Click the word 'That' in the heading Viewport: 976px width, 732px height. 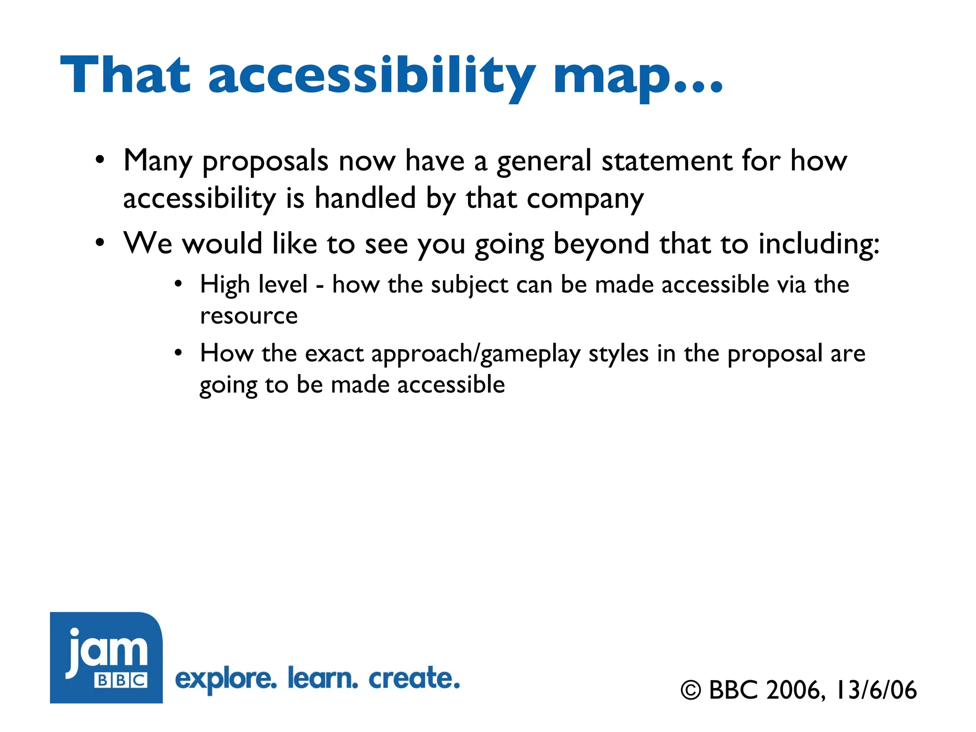(125, 75)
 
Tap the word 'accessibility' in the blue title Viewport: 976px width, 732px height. (372, 76)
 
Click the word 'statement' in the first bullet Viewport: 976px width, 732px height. (666, 161)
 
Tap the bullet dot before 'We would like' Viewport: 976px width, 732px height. (99, 243)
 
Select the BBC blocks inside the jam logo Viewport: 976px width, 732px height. (121, 680)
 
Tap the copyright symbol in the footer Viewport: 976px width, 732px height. (691, 691)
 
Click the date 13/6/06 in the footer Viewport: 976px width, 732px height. (876, 690)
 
